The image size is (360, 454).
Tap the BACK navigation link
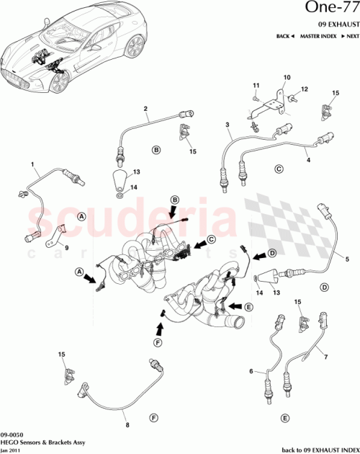click(x=284, y=35)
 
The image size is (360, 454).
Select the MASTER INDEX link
click(x=318, y=35)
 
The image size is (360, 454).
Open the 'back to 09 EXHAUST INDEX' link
click(x=316, y=448)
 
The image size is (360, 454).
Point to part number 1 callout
click(x=32, y=165)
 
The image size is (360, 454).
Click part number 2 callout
click(x=145, y=110)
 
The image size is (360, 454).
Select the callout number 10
click(x=286, y=77)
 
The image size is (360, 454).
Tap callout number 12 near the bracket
click(x=305, y=89)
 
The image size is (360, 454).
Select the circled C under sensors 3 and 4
click(x=279, y=170)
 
